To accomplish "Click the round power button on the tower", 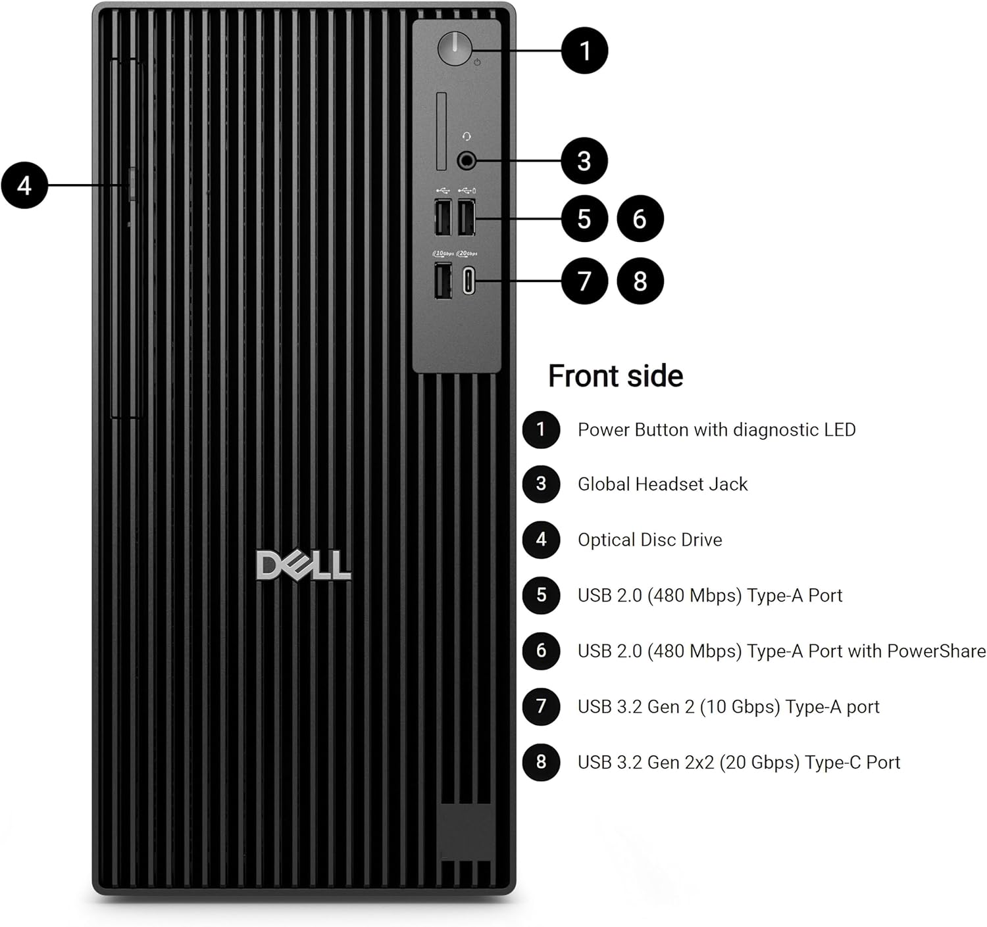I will pos(455,49).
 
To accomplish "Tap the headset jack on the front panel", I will pos(467,160).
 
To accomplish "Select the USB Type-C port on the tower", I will pos(468,282).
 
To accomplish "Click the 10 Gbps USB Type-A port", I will pos(443,281).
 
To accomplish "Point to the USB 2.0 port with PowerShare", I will pos(467,217).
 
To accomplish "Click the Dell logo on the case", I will pos(303,566).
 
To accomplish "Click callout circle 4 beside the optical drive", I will pos(24,185).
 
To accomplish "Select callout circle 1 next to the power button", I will pos(584,51).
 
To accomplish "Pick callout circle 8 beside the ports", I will pos(640,281).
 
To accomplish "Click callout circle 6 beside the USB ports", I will pos(640,218).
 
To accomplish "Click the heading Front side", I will pos(615,376).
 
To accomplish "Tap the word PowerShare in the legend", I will pos(936,651).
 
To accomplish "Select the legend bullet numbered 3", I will pos(541,484).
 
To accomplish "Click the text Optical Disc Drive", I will pos(649,540).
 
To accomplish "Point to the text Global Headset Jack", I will pos(662,485).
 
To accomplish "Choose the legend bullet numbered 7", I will pos(541,706).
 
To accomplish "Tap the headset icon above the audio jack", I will pos(467,136).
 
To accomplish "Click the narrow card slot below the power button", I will pos(442,131).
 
